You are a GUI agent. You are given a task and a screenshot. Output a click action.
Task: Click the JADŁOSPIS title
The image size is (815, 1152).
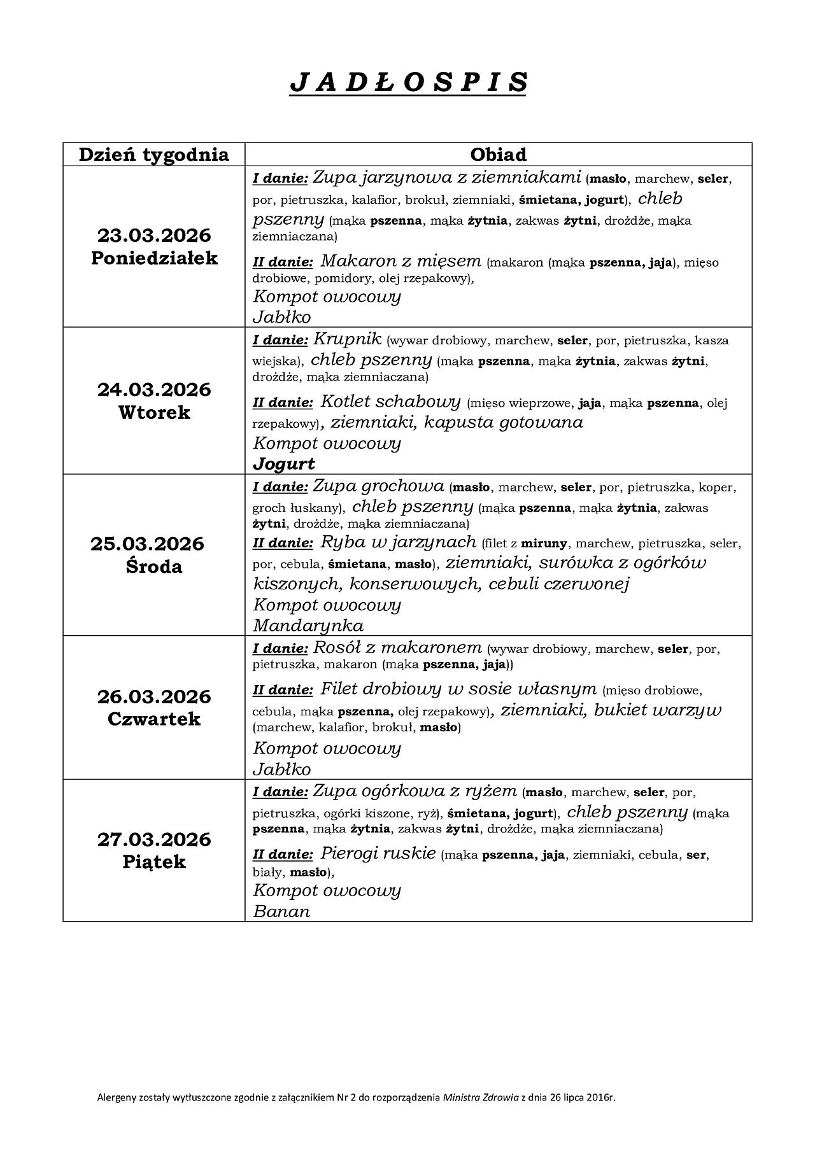(408, 83)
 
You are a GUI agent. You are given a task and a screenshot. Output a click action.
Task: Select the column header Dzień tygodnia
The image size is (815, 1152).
(153, 155)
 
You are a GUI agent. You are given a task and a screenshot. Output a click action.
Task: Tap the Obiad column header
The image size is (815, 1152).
(498, 155)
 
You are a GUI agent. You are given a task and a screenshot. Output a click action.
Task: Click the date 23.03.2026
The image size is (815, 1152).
(153, 235)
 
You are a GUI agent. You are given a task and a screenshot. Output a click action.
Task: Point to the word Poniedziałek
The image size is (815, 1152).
(153, 258)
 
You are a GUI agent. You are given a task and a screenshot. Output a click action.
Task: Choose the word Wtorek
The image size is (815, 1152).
(153, 412)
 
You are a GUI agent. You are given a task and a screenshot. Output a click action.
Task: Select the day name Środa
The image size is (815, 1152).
(153, 566)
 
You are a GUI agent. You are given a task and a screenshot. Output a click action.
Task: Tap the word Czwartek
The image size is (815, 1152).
(153, 719)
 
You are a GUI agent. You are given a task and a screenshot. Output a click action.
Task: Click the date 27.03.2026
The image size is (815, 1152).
(153, 839)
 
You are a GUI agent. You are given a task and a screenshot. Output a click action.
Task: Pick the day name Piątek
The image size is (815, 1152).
(153, 862)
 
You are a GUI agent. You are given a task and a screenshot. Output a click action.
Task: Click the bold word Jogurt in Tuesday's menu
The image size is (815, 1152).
(284, 464)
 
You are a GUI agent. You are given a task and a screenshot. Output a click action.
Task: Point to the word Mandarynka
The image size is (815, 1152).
(308, 625)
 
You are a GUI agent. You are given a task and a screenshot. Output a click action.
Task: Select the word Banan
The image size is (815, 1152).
(281, 911)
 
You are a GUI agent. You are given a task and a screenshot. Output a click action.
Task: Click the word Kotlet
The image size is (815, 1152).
(344, 402)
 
